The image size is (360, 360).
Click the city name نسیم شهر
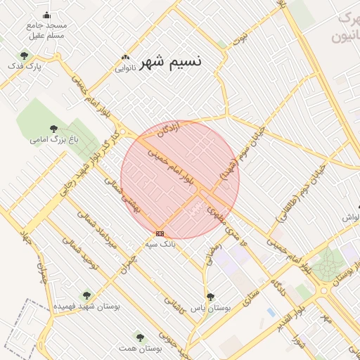[x=170, y=62]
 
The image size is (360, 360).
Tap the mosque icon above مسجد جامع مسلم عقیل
[x=47, y=15]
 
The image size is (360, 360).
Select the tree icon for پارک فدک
[x=25, y=56]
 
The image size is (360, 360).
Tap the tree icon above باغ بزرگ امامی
[x=53, y=129]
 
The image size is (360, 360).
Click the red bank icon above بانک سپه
[x=160, y=233]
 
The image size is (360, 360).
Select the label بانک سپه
[x=160, y=244]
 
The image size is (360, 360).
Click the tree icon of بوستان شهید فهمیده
[x=86, y=296]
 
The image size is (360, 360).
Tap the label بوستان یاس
[x=212, y=308]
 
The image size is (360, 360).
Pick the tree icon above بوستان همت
[x=140, y=337]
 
